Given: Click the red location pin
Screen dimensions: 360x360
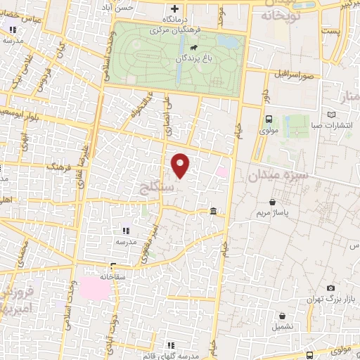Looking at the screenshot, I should [x=181, y=165].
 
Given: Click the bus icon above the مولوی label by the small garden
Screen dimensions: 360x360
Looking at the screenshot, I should [x=269, y=120].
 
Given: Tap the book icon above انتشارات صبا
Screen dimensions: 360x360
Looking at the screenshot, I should [x=332, y=115].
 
